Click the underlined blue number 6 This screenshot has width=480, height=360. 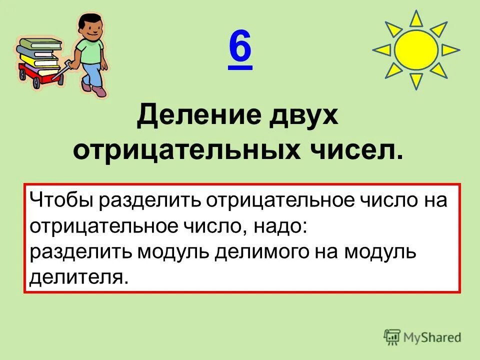click(x=240, y=49)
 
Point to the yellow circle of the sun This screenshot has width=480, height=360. click(x=416, y=49)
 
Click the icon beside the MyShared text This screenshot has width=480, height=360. click(x=392, y=337)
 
